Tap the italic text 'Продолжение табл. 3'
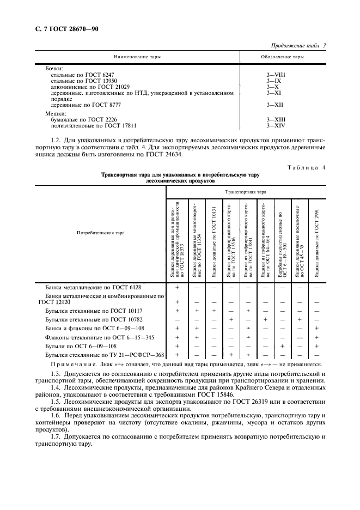[x=297, y=46]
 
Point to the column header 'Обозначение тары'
[x=283, y=57]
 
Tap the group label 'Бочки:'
[x=54, y=69]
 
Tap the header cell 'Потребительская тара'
[x=100, y=233]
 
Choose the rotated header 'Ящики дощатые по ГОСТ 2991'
[x=316, y=240]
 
